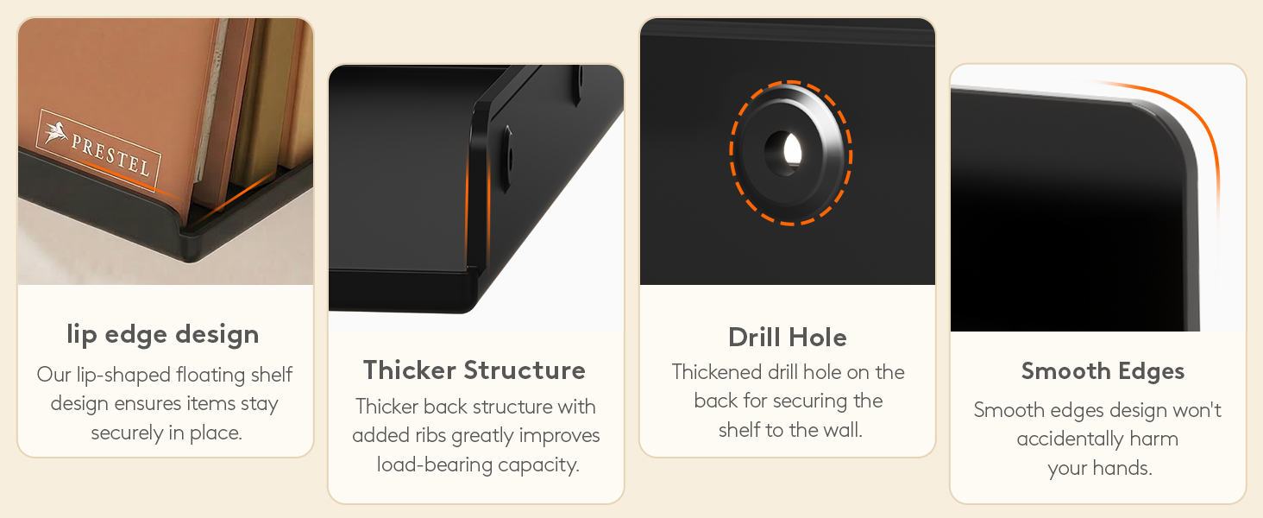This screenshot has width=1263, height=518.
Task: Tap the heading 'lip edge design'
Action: point(163,335)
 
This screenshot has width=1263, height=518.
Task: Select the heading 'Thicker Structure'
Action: point(474,370)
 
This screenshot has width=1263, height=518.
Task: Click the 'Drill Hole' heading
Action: point(788,338)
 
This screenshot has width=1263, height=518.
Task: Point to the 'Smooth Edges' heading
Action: point(1103,371)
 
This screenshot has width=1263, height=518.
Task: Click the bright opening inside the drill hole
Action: point(792,150)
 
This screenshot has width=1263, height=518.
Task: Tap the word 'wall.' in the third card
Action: point(843,431)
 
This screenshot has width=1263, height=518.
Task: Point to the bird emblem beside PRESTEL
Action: point(55,129)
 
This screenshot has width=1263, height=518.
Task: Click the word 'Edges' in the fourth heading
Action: point(1152,371)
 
